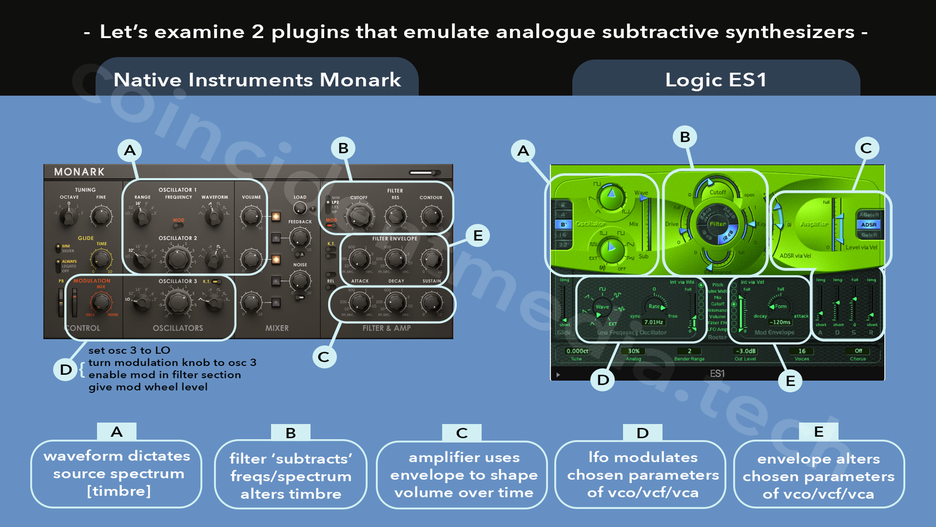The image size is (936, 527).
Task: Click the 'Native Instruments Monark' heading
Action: coord(257,80)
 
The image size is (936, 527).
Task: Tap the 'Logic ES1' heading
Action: coord(715,80)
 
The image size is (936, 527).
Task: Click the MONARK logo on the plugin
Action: coord(79,172)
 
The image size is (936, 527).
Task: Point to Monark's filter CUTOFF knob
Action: coord(359,215)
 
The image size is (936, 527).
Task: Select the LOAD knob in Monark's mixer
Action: coord(300,208)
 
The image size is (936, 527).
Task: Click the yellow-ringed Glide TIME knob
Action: coord(101,258)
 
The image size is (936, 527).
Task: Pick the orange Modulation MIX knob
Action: coord(101,302)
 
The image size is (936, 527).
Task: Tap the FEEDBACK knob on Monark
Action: coord(300,238)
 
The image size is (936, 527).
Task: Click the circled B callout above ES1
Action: coord(685,137)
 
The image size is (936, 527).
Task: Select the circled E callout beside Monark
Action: coord(478,235)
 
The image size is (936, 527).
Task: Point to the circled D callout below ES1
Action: coord(603,380)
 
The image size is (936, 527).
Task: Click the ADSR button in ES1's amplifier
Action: coord(869,225)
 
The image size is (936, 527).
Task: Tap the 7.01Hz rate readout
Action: coord(653,322)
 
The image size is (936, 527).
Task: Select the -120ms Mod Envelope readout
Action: coord(780,322)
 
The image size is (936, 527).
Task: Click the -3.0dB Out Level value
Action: coord(745,351)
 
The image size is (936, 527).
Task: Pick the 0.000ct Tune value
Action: coord(577,351)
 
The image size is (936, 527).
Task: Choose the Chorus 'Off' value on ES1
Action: coord(858,351)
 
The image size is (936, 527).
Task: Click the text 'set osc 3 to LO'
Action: coord(129,350)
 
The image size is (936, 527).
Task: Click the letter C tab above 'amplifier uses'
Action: coord(462,433)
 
